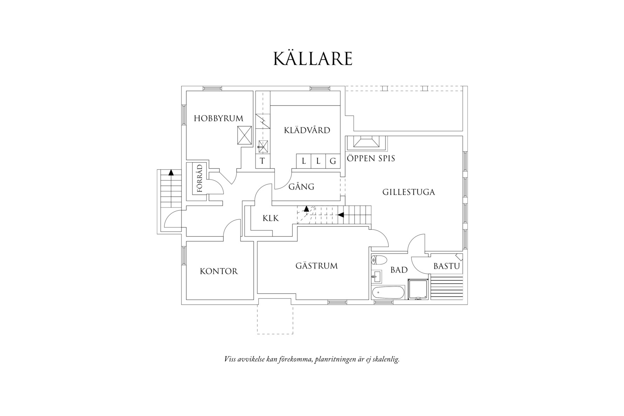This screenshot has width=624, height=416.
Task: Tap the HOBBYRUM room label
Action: (x=218, y=118)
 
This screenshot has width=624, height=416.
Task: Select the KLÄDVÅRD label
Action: (x=307, y=130)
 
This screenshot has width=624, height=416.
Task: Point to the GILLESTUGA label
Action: (x=408, y=192)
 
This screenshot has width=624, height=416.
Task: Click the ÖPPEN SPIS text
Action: (x=371, y=158)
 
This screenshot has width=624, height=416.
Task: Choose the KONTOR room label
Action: (x=219, y=271)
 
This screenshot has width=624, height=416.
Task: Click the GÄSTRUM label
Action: (x=317, y=266)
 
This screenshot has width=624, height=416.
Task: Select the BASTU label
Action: (x=447, y=266)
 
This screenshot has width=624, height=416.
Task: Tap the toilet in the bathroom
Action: (x=379, y=260)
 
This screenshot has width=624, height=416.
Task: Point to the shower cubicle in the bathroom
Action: (x=418, y=289)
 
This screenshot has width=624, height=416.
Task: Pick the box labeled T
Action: (x=262, y=161)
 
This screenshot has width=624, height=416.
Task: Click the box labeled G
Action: (x=333, y=161)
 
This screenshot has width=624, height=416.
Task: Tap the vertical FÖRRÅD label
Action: (x=200, y=179)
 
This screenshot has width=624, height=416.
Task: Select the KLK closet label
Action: (x=271, y=218)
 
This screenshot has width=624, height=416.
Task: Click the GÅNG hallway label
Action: (x=301, y=186)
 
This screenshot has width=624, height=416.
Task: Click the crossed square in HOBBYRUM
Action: (x=245, y=135)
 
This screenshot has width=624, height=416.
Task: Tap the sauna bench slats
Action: (x=447, y=288)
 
